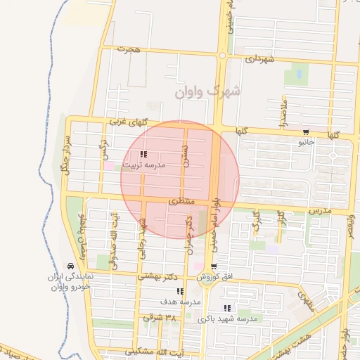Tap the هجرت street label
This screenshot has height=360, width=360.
point(129,50)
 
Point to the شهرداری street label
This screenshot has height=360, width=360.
point(262,60)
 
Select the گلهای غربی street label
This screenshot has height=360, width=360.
point(126,122)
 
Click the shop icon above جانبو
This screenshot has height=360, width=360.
point(306,131)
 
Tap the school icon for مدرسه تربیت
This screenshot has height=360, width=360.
point(143,155)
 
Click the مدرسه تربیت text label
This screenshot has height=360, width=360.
point(143,166)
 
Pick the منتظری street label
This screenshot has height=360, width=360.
point(180,202)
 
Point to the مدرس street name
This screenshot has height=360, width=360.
point(321,210)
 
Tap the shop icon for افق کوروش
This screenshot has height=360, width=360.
point(213,266)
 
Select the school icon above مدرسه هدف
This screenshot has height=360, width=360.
point(181,291)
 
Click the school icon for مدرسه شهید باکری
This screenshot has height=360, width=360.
point(226,308)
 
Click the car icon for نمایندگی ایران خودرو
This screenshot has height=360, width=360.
point(70,266)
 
